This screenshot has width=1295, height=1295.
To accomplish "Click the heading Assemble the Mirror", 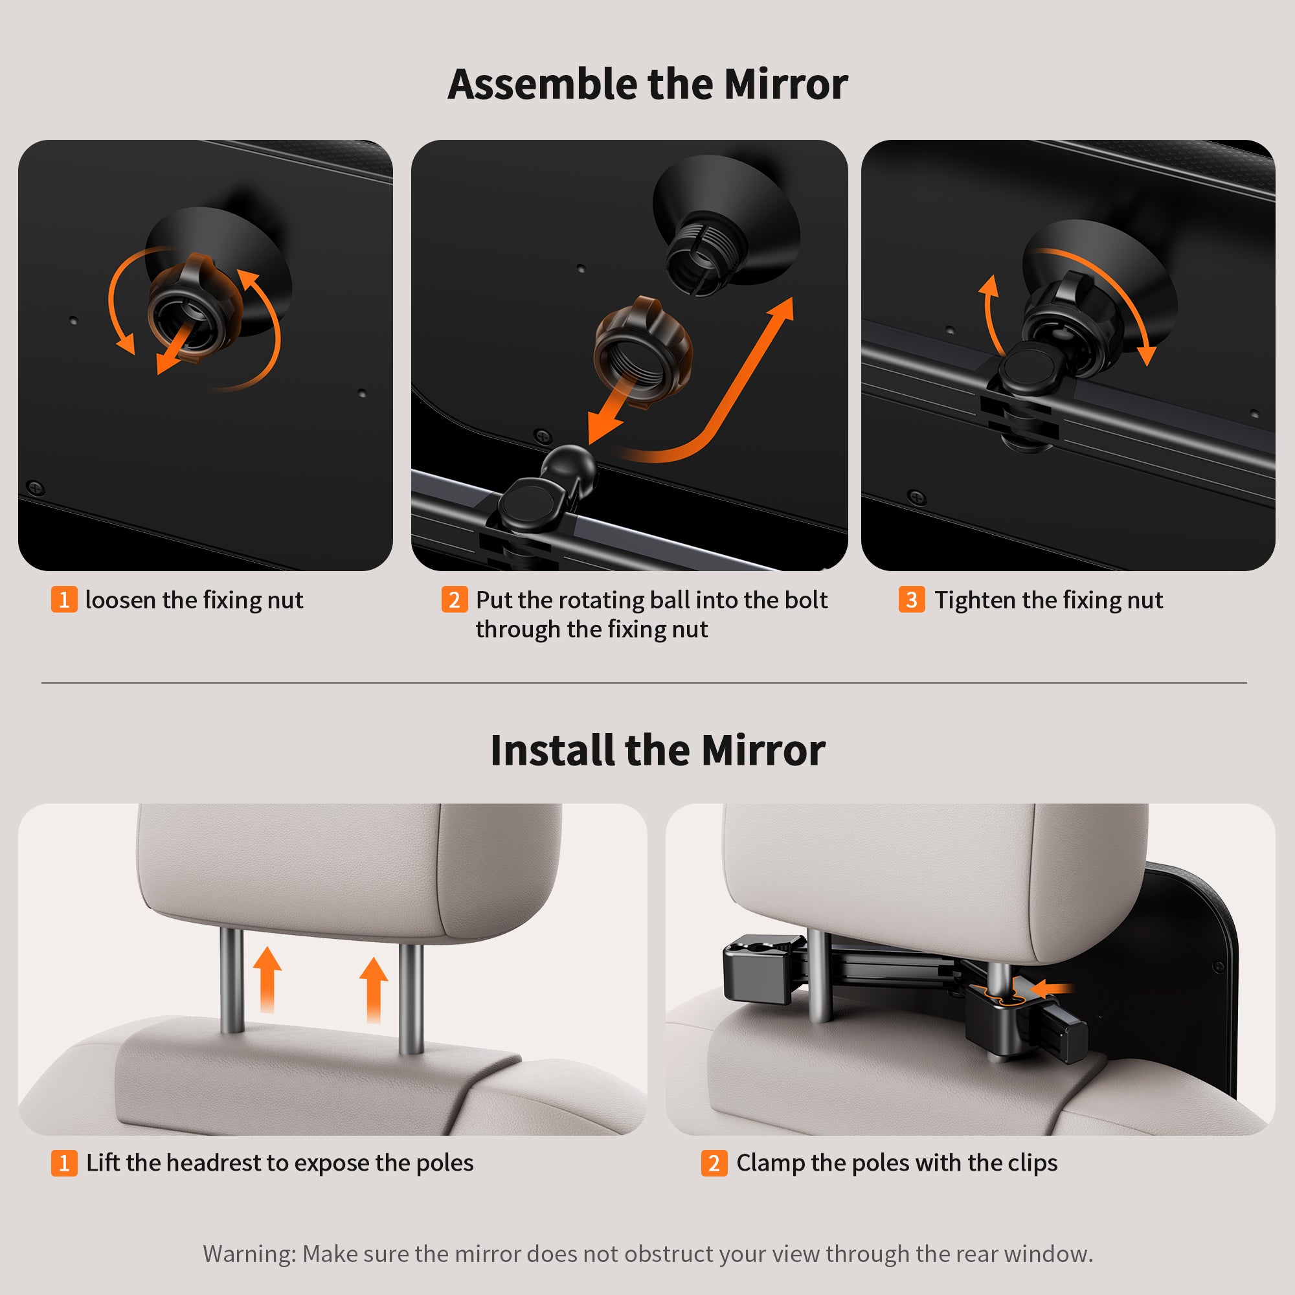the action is pos(647,84).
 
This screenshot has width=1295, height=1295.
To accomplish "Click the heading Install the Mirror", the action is pos(658,750).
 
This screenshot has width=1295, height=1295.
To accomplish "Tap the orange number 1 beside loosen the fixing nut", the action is pos(64,599).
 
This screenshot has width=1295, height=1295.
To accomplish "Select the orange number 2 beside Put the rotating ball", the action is pos(455,599).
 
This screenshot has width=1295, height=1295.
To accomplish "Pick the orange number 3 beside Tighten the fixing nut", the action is pos(912,599).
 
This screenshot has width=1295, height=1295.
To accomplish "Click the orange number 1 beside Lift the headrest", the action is pos(64,1162).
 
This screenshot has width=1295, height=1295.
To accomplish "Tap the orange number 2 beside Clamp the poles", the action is pos(714,1162).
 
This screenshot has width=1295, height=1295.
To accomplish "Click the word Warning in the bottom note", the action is pos(249,1254).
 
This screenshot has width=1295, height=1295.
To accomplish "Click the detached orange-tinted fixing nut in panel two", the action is pos(642,351).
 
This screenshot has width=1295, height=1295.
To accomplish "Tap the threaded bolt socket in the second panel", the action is pos(707,254).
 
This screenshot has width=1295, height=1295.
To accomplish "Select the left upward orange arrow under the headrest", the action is pos(267,979).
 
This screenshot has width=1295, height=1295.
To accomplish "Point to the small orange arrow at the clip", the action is pos(1052,988).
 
